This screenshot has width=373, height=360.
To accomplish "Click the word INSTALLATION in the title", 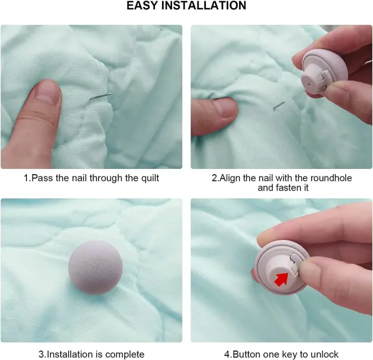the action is pos(204,5).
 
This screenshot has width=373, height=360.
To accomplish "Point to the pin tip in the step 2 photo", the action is pos(284,103).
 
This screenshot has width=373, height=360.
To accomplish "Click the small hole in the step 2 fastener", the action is pos(308,84).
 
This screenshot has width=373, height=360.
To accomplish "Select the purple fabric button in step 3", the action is pos(96,267).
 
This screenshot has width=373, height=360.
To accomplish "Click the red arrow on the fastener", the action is pos(281,279).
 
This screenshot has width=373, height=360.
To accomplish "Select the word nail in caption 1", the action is pos(78,178).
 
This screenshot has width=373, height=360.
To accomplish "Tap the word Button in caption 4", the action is pos(247,354).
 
